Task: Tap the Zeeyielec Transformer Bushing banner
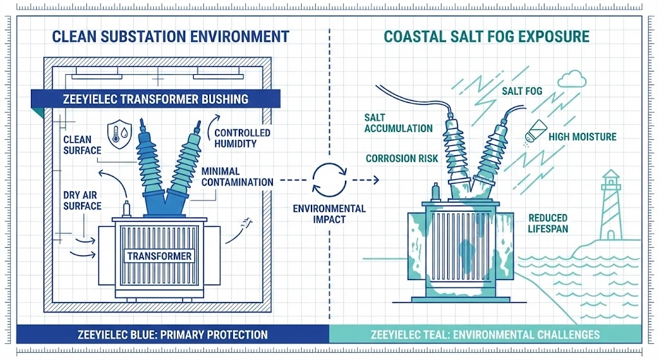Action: click(154, 99)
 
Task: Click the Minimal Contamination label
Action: click(237, 176)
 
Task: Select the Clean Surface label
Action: click(82, 145)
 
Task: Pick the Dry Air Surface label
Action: click(82, 200)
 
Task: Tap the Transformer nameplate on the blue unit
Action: click(159, 256)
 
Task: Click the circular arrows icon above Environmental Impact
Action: click(329, 180)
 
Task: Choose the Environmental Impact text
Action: click(329, 214)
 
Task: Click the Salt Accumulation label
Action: click(398, 122)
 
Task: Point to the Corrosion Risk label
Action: click(402, 158)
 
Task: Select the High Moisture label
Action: click(582, 137)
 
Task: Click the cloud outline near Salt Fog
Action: click(571, 79)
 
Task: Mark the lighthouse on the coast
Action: click(610, 204)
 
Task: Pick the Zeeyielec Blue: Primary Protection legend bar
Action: click(172, 334)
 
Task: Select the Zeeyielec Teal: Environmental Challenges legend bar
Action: click(485, 334)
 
